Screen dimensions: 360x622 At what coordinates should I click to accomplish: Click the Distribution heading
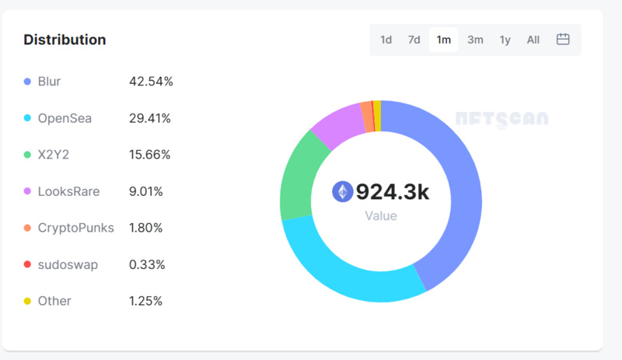pos(65,40)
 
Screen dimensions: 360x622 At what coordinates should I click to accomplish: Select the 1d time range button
pos(386,40)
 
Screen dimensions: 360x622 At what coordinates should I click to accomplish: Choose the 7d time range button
pos(414,40)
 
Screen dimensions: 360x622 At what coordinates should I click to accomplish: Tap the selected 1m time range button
pos(443,40)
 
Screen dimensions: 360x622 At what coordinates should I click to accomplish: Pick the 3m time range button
pos(475,40)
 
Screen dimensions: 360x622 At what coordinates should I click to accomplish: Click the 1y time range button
pos(505,40)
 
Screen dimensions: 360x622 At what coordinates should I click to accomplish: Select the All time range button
pos(533,40)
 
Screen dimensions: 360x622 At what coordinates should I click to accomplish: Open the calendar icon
pos(563,40)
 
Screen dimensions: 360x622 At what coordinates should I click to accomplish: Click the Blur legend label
pos(49,82)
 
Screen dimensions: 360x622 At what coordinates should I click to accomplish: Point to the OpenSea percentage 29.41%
pos(150,118)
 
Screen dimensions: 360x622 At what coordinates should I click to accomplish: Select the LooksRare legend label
pos(68,191)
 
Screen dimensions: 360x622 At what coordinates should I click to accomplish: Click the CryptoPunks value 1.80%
pos(147,228)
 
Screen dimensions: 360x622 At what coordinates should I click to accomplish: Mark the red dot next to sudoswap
pos(27,264)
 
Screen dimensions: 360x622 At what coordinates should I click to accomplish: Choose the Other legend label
pos(54,301)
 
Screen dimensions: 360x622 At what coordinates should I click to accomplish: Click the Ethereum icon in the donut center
pos(342,191)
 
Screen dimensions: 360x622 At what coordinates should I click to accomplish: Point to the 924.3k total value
pos(392,191)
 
